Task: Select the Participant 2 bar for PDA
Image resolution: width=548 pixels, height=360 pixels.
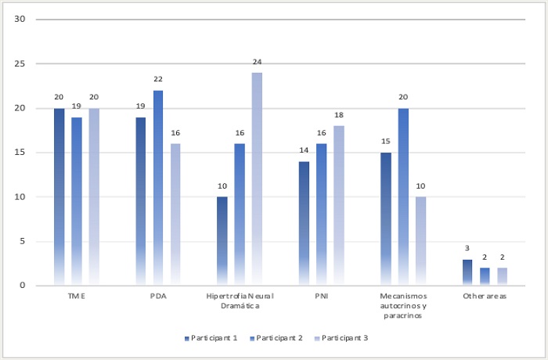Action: coord(158,188)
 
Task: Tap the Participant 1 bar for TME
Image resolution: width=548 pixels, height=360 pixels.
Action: coord(59,196)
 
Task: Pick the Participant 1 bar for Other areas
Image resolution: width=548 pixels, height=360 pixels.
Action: coord(467,272)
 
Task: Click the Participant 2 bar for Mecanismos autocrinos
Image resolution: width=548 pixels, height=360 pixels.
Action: coord(403,196)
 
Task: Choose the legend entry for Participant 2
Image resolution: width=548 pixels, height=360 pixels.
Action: coord(274,338)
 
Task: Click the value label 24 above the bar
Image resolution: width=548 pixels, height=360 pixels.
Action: coord(257,61)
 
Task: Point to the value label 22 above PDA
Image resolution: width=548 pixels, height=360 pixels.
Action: coord(158,79)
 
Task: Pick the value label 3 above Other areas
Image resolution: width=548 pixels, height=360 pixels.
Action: coord(467,248)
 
